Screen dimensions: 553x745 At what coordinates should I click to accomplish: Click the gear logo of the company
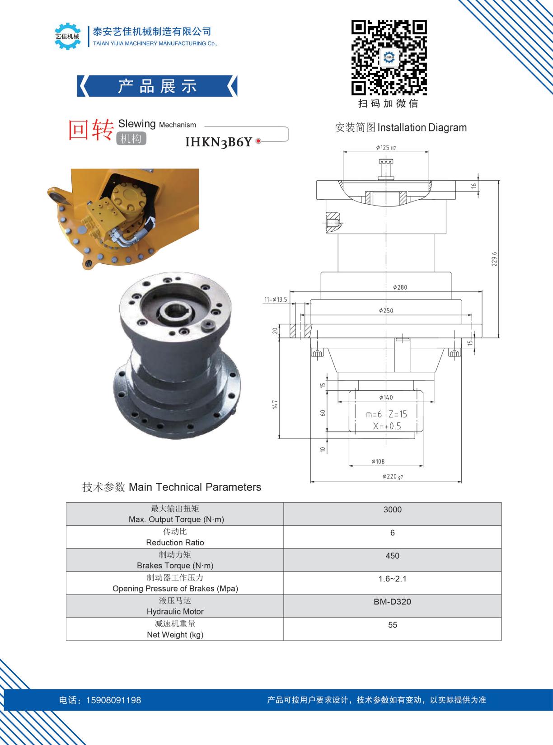(67, 36)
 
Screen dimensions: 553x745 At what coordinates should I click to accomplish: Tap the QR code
(389, 57)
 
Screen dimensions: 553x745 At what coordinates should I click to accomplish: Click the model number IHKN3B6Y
(219, 142)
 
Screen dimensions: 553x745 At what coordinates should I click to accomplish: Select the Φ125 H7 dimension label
(386, 147)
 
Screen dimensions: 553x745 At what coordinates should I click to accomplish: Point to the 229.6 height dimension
(494, 259)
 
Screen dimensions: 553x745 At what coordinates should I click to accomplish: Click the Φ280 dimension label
(400, 287)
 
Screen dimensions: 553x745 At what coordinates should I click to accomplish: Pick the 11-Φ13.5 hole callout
(276, 299)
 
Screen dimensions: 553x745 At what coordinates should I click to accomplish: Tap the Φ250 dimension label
(386, 311)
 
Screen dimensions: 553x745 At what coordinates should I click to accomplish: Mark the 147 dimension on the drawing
(275, 404)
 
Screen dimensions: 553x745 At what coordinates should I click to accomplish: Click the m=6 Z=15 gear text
(386, 414)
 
